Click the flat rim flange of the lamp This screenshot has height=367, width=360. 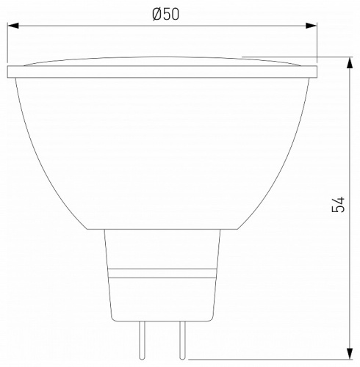coord(162,72)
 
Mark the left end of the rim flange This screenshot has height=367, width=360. coord(9,72)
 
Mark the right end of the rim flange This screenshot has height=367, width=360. coord(316,72)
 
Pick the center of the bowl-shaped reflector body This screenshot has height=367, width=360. coord(162,147)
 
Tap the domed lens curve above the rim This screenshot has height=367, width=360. coord(162,59)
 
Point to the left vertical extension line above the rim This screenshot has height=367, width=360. coord(8,44)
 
